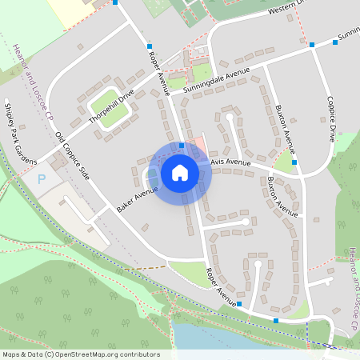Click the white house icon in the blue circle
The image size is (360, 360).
(180, 172)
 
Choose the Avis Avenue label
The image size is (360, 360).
(232, 162)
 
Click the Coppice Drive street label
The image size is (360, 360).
(331, 120)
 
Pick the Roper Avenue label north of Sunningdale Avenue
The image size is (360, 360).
(158, 70)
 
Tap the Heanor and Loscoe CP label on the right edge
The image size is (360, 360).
(352, 288)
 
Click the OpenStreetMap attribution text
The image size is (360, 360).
(81, 354)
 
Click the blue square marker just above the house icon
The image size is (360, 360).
(182, 146)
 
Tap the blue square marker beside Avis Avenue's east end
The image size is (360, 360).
(294, 162)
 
